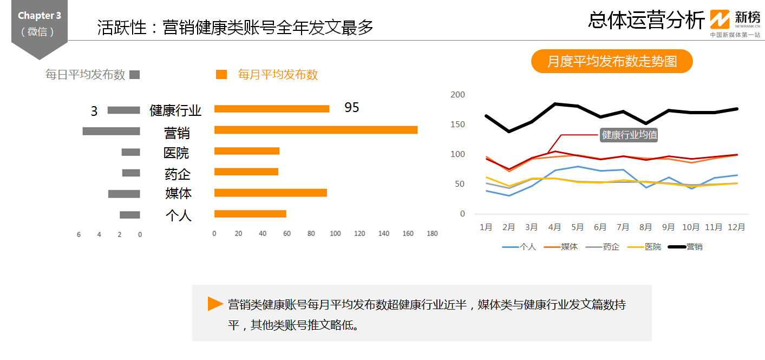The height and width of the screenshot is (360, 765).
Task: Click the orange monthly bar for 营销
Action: (316, 130)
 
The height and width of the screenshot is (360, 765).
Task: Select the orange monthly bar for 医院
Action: (247, 151)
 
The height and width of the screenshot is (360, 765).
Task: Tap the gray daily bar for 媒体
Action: (124, 194)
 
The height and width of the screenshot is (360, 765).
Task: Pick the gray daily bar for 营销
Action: (111, 131)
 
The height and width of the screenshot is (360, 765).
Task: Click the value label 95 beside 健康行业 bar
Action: (352, 108)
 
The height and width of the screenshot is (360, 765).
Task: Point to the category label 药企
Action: (178, 174)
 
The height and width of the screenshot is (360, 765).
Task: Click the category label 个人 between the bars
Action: (179, 215)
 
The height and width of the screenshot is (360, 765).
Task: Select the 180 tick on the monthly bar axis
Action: (432, 234)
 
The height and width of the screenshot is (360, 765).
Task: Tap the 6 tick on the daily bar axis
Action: (79, 235)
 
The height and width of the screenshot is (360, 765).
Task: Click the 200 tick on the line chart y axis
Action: (458, 95)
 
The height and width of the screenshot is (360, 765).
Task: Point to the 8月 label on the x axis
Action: (645, 227)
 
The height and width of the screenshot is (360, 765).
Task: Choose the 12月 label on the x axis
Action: (736, 227)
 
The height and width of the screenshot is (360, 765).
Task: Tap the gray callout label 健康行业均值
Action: (630, 135)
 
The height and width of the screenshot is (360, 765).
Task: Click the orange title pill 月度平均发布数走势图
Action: (612, 61)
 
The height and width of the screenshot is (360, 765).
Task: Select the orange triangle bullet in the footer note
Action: (215, 304)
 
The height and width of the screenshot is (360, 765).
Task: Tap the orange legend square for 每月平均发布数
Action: (221, 75)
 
